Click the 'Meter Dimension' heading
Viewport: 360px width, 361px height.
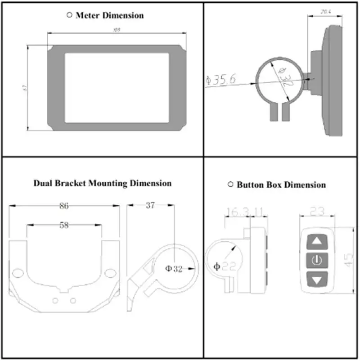tap(110, 15)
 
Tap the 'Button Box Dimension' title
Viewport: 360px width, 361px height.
tap(281, 185)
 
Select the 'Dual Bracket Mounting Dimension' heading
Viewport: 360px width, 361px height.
tap(103, 183)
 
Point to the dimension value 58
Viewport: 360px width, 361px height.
tap(64, 225)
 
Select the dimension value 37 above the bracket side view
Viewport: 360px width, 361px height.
tap(150, 205)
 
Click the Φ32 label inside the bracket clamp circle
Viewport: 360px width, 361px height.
tap(174, 269)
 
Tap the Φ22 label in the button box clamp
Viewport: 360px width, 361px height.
tap(223, 266)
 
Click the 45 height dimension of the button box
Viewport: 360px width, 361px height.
tap(348, 259)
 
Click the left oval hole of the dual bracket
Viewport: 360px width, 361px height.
tap(19, 273)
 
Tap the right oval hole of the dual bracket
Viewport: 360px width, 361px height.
tap(110, 273)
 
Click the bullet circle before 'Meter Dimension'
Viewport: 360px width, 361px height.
tap(69, 15)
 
